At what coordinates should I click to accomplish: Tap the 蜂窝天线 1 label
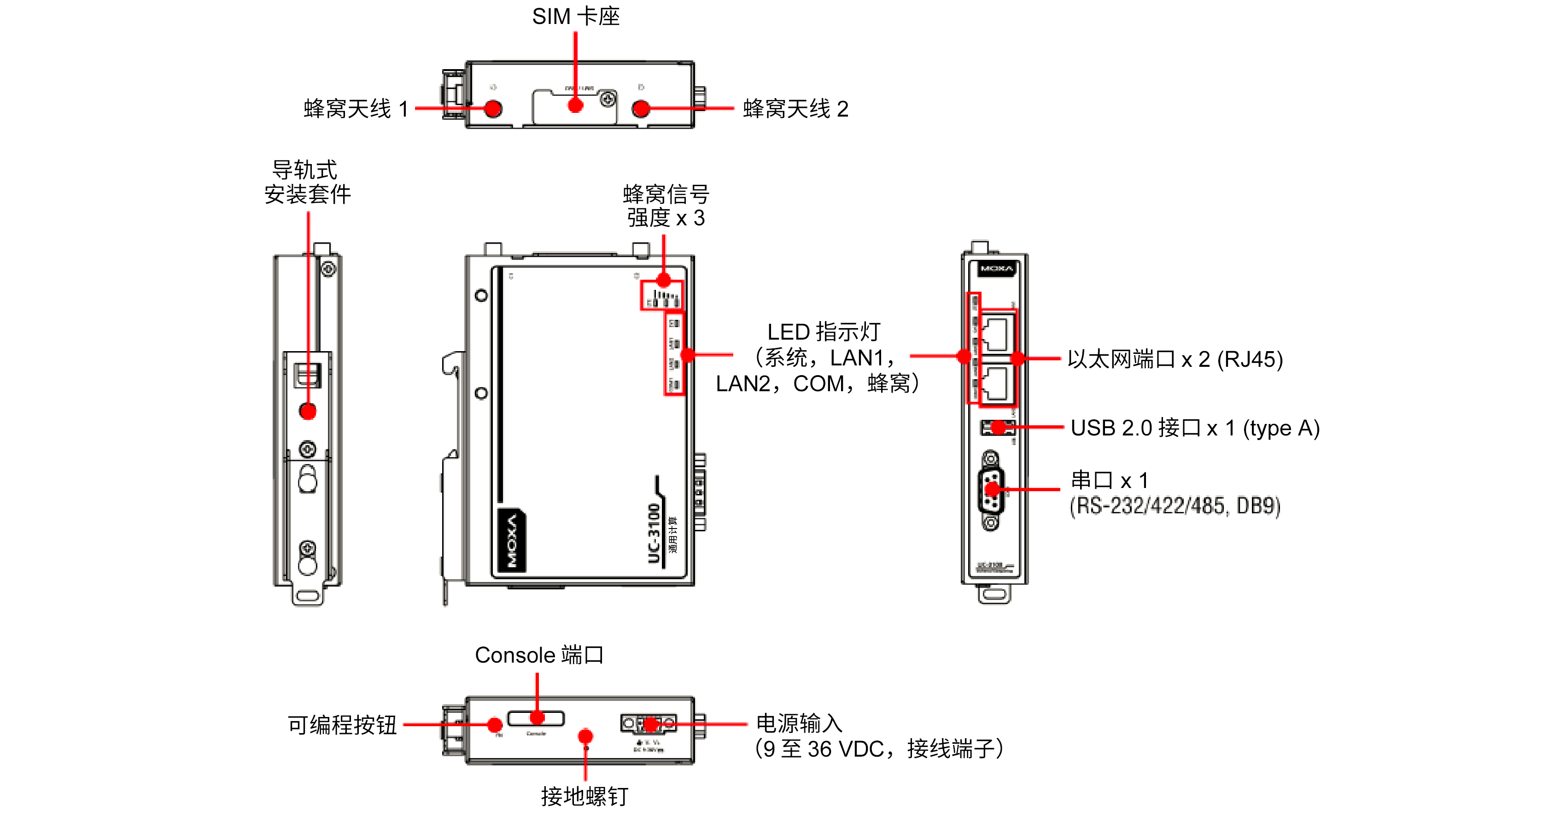click(x=356, y=108)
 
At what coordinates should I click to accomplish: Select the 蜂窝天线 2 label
click(x=795, y=108)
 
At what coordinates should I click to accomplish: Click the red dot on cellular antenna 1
click(x=493, y=108)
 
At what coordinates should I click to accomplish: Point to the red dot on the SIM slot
click(x=575, y=106)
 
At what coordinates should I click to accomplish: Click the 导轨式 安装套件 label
click(x=307, y=182)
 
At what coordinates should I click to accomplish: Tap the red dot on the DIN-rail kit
click(x=308, y=411)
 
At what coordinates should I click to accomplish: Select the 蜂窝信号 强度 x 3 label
click(x=666, y=206)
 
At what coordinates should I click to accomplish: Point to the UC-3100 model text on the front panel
click(x=654, y=534)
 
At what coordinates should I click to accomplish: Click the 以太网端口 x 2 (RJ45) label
click(x=1175, y=359)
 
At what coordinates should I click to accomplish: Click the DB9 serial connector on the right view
click(x=991, y=490)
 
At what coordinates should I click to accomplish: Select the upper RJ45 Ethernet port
click(x=997, y=335)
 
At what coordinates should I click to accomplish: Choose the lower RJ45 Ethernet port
click(x=997, y=382)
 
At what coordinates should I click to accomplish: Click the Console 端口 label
click(x=538, y=655)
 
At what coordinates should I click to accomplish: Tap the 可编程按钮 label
click(x=342, y=725)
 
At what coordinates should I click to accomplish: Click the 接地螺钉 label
click(x=584, y=796)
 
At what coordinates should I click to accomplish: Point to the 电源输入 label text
click(x=799, y=723)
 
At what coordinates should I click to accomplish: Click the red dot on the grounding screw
click(x=585, y=735)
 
